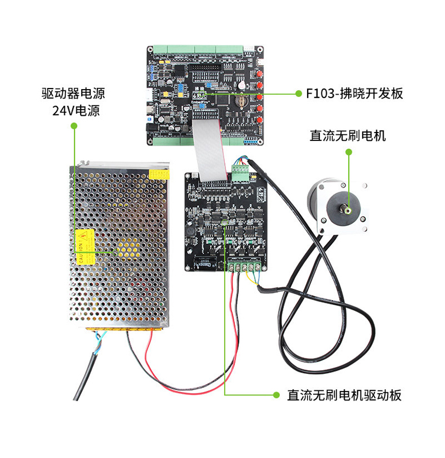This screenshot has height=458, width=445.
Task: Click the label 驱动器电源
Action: point(74,93)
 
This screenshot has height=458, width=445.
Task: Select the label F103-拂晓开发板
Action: point(354,94)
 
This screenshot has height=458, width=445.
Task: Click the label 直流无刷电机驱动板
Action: point(344,395)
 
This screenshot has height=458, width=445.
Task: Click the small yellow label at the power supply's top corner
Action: point(159,174)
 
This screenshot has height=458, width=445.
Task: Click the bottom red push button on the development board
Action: point(260,120)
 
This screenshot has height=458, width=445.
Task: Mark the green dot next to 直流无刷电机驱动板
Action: point(275,395)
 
